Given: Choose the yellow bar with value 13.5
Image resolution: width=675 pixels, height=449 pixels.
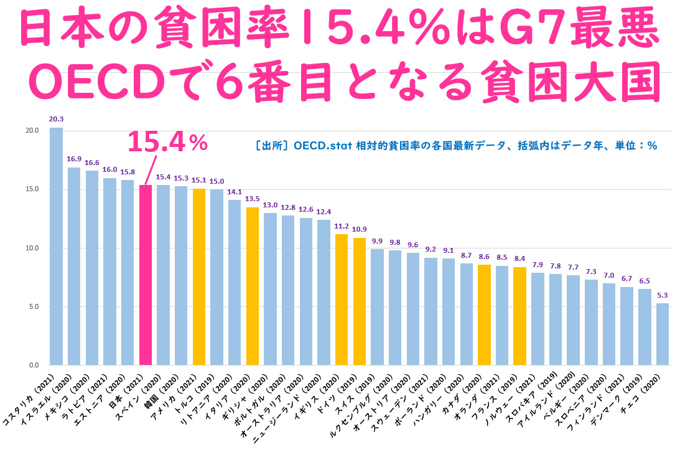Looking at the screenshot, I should coord(253,286).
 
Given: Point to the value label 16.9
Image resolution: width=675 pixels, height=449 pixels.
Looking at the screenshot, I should coord(74,159).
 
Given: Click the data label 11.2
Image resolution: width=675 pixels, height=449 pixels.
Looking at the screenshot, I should coord(342,226).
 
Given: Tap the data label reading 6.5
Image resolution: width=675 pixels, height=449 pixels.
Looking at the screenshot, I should coord(645,281).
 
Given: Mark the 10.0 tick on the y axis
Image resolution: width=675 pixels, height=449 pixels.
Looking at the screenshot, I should coord(32,248).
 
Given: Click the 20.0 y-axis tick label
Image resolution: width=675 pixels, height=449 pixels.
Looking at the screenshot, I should coord(32,130).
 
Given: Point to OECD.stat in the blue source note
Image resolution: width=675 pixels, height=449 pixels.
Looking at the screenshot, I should coord(323,146).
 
